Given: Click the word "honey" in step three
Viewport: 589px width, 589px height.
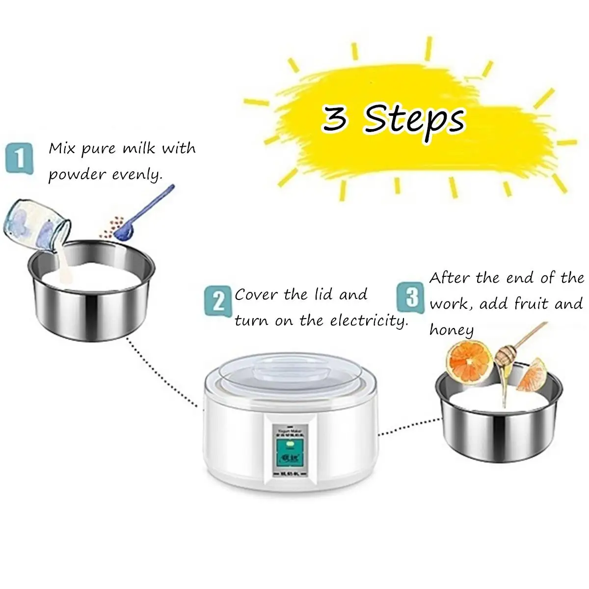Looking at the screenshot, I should [x=451, y=330].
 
